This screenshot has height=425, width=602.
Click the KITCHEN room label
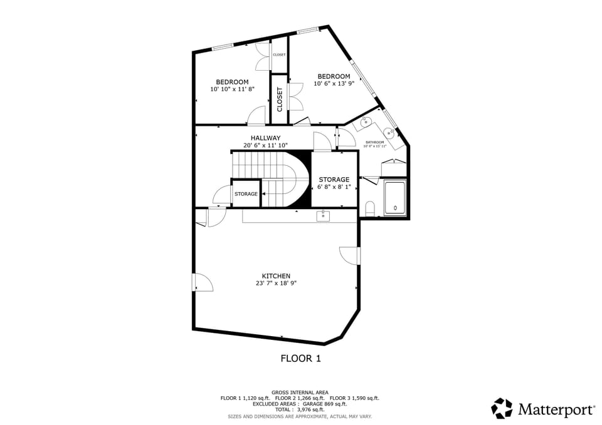[276, 276]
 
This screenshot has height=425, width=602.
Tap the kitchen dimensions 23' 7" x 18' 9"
[276, 283]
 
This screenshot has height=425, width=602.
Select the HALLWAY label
[265, 138]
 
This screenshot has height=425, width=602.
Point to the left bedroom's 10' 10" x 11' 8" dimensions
[232, 90]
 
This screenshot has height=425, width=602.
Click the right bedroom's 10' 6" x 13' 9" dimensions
[334, 83]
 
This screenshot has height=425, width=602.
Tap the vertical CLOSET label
[280, 100]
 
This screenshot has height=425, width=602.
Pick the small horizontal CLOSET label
[279, 55]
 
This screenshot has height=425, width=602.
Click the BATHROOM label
[375, 142]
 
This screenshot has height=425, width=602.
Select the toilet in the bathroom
[370, 208]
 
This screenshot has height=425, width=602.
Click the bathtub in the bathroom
[395, 198]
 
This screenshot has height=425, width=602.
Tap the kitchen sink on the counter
[323, 216]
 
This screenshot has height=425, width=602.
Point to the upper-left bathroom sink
[365, 122]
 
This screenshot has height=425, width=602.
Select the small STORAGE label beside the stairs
[246, 194]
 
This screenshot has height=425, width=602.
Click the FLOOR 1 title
[300, 359]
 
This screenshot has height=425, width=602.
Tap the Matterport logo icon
[502, 409]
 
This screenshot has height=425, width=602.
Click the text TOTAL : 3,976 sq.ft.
[300, 409]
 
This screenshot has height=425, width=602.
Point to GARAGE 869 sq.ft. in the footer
[325, 404]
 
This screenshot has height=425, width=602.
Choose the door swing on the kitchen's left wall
[203, 283]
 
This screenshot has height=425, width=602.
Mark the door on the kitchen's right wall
[350, 255]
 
